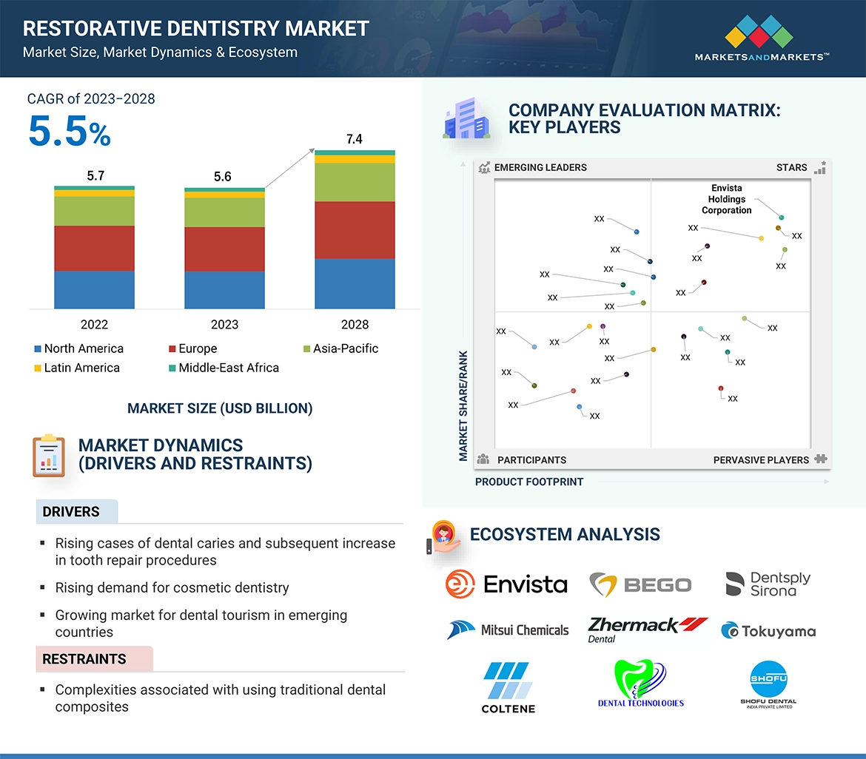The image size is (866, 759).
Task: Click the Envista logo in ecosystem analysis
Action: tap(506, 584)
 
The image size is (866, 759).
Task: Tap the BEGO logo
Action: tap(640, 584)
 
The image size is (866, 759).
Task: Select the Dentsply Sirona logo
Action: tap(768, 584)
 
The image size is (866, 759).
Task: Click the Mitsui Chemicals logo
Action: tap(508, 630)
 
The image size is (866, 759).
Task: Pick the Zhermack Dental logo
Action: tap(646, 629)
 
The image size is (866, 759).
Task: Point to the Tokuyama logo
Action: tap(768, 631)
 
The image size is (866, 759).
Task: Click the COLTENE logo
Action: tap(508, 687)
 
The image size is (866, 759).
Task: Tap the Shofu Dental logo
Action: tap(768, 685)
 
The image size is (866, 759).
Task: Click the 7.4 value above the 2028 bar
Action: tap(354, 139)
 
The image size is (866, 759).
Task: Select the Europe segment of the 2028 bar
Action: tap(354, 229)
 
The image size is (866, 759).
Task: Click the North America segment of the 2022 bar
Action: tap(94, 289)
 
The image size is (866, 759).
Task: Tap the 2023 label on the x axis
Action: tap(224, 324)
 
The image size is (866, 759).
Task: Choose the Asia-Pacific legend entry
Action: tap(345, 348)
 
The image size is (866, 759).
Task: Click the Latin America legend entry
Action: tap(81, 368)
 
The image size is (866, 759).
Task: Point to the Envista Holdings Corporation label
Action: tap(726, 199)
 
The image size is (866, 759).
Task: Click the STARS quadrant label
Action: tap(791, 167)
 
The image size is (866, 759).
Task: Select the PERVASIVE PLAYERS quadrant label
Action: tap(761, 459)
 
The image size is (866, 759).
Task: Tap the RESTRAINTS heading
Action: tap(84, 658)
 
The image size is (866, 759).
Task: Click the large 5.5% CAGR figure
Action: tap(70, 132)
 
